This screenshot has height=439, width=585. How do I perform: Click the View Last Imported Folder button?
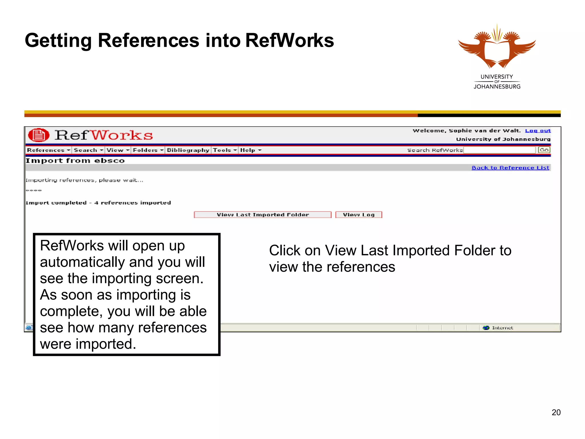pos(263,215)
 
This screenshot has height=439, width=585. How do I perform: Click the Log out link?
pos(538,131)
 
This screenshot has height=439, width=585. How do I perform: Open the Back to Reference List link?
pos(510,168)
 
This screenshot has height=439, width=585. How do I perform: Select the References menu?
pos(48,150)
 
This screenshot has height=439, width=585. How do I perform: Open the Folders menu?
pos(148,150)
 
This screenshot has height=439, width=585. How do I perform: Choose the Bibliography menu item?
pos(188,150)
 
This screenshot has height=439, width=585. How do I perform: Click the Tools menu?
pos(225,150)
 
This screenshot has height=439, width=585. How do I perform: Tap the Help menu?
pos(251,150)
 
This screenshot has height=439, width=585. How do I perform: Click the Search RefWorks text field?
pos(499,150)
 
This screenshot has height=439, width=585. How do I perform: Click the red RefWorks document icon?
pos(39,135)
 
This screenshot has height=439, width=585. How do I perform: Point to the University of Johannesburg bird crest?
pos(497,47)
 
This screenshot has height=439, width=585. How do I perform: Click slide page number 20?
pos(556,412)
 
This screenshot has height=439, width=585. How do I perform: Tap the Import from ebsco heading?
pos(75,161)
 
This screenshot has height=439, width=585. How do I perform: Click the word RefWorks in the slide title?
pos(289,40)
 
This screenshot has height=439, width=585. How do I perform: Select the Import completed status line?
pos(98,203)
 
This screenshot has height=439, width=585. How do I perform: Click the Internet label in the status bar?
pos(502,328)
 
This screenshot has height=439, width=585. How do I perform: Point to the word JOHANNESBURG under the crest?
pos(497,87)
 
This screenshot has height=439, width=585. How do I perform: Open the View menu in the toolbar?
pos(118,150)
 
